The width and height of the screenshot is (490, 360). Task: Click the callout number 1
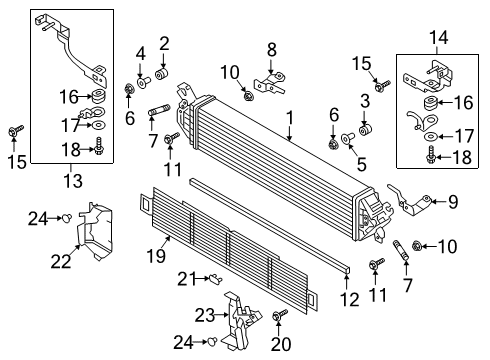click(290, 118)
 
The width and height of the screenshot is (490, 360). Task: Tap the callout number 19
click(156, 256)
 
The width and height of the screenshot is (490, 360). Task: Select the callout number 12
click(350, 300)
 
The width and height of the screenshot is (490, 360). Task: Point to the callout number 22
click(61, 261)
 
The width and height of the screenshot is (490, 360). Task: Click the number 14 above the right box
click(439, 38)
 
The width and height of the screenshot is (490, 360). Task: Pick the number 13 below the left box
click(73, 181)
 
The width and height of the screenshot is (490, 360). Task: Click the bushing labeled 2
click(162, 74)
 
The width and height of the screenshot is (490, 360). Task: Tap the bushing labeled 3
click(365, 130)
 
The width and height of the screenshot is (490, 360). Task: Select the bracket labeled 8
click(270, 83)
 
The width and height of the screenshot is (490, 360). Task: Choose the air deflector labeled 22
click(95, 232)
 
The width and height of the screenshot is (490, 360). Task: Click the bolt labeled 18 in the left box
click(99, 146)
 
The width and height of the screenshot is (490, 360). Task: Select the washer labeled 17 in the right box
click(431, 136)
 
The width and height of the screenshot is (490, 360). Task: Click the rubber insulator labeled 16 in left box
click(99, 96)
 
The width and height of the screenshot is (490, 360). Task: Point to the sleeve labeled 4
click(144, 81)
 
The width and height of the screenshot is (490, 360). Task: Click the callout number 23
click(205, 315)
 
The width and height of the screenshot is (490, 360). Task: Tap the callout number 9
click(453, 202)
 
